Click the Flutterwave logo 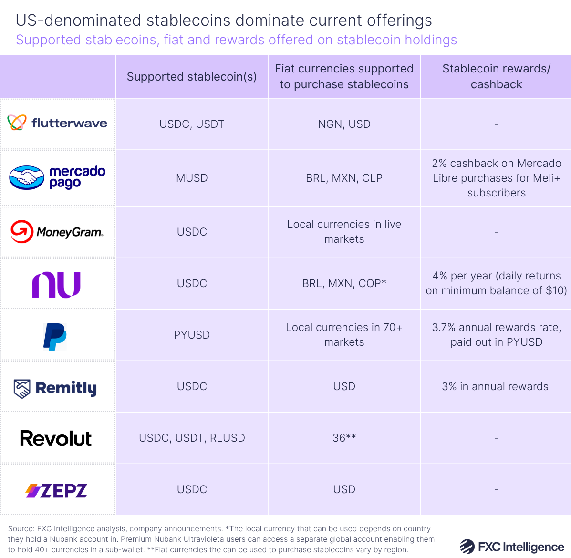[x=57, y=123]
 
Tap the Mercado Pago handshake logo [x=57, y=177]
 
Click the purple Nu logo [x=56, y=284]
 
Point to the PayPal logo [x=55, y=336]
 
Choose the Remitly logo [x=55, y=388]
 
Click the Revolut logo [x=56, y=438]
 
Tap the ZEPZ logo [x=56, y=490]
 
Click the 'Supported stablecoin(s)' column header [x=192, y=77]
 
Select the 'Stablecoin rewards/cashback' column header [x=496, y=76]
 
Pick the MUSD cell [x=192, y=178]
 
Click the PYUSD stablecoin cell [x=192, y=335]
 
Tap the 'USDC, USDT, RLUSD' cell [x=192, y=438]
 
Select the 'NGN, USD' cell [x=344, y=124]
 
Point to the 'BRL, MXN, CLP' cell [x=344, y=178]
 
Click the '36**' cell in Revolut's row [x=344, y=438]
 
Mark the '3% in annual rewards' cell [x=495, y=386]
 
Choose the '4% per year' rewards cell [x=496, y=283]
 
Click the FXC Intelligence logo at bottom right [x=512, y=547]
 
